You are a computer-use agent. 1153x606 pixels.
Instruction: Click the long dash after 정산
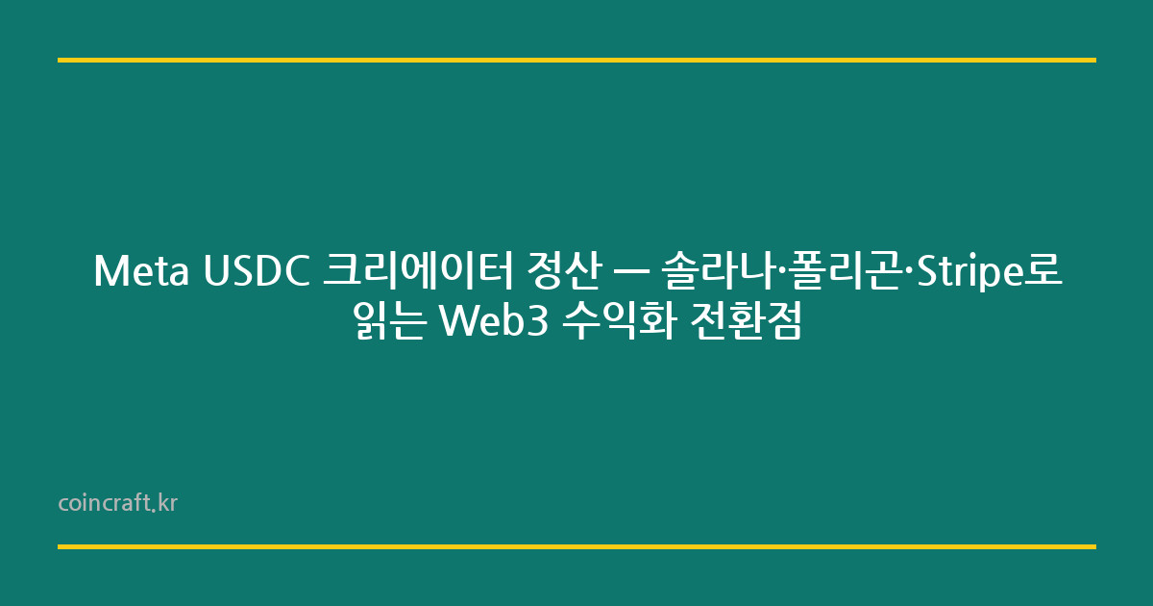coord(629,273)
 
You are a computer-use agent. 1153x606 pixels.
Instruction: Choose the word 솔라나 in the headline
coord(718,272)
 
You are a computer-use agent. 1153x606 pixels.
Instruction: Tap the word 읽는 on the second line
coord(389,322)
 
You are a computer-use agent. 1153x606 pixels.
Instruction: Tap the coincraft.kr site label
coord(117,503)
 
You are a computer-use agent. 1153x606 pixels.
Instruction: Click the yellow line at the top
coord(576,60)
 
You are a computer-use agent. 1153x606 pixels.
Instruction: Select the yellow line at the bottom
coord(576,546)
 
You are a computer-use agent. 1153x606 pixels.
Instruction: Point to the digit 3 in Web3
coord(538,322)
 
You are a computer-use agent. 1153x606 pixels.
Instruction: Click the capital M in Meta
coord(109,272)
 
